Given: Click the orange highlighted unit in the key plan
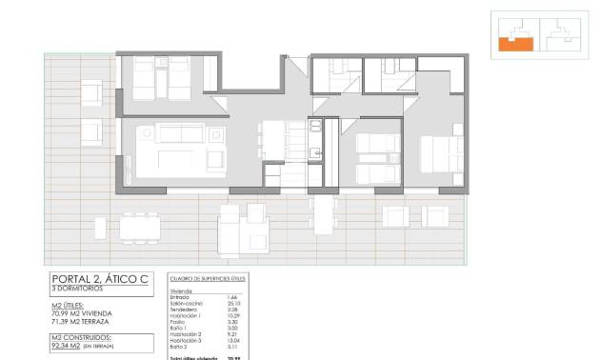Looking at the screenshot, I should point(515,41).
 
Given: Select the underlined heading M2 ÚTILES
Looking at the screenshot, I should point(73,305).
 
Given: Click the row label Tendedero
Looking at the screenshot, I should point(184,309).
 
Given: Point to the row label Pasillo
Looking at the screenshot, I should point(179,321).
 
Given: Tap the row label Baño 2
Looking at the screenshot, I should point(179,346).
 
